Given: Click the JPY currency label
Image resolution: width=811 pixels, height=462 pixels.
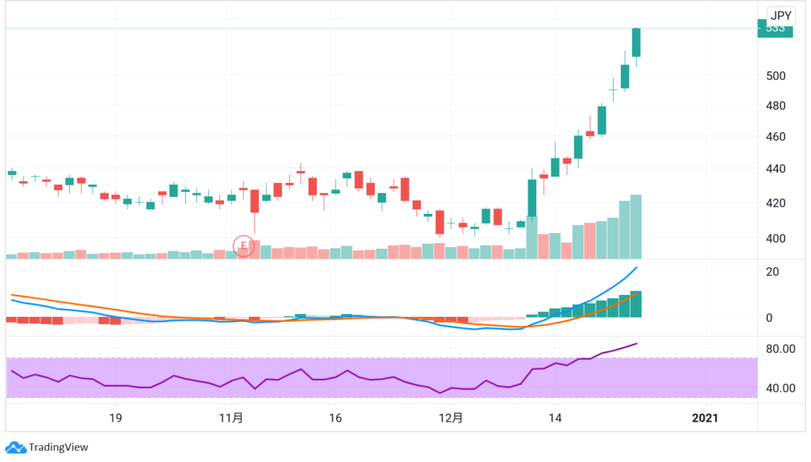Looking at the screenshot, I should pos(781,15).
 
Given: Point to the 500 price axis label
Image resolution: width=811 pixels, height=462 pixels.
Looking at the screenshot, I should pos(775,75).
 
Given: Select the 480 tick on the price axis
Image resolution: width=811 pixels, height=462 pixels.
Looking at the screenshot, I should pos(775,105).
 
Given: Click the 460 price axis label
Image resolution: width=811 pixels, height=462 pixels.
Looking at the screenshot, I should pos(775,136).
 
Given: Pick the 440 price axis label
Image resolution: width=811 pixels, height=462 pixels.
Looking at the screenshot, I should pos(775,168).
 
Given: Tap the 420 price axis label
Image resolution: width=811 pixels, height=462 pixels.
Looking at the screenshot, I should pos(775,203).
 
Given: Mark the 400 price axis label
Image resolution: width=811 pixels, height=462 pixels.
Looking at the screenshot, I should pos(775,238).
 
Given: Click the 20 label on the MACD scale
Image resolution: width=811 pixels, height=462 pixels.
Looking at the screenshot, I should pos(773,272).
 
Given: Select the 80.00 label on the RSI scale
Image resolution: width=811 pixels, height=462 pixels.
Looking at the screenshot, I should pos(780,349).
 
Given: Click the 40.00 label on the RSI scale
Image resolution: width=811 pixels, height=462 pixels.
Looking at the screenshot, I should pos(780,388).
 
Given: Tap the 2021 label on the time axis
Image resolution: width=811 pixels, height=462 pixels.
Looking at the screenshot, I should pos(705,418).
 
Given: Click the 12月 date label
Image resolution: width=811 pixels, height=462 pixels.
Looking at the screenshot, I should pos(450,418).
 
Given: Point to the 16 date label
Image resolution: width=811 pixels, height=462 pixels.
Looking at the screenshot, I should pos(335,418).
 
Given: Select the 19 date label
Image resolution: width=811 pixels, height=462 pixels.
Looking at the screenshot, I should pos(115,418).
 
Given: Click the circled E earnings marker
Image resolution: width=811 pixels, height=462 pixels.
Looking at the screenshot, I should pos(243,246).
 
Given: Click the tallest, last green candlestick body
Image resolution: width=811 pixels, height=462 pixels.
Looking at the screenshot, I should pos(636,42).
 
